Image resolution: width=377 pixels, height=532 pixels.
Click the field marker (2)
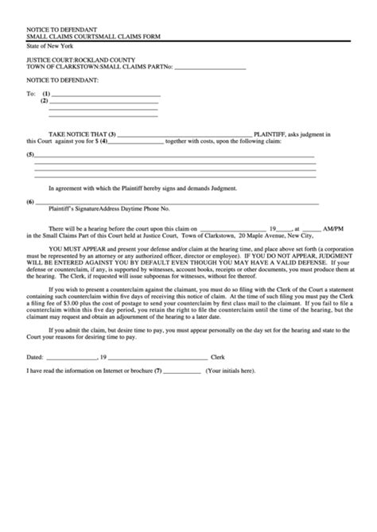pyautogui.click(x=45, y=101)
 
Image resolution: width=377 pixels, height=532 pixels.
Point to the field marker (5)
pyautogui.click(x=30, y=154)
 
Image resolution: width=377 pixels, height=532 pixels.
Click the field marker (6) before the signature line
pyautogui.click(x=30, y=201)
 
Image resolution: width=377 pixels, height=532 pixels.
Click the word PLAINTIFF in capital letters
pyautogui.click(x=270, y=134)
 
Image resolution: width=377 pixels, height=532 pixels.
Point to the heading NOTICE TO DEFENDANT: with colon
pyautogui.click(x=62, y=80)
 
